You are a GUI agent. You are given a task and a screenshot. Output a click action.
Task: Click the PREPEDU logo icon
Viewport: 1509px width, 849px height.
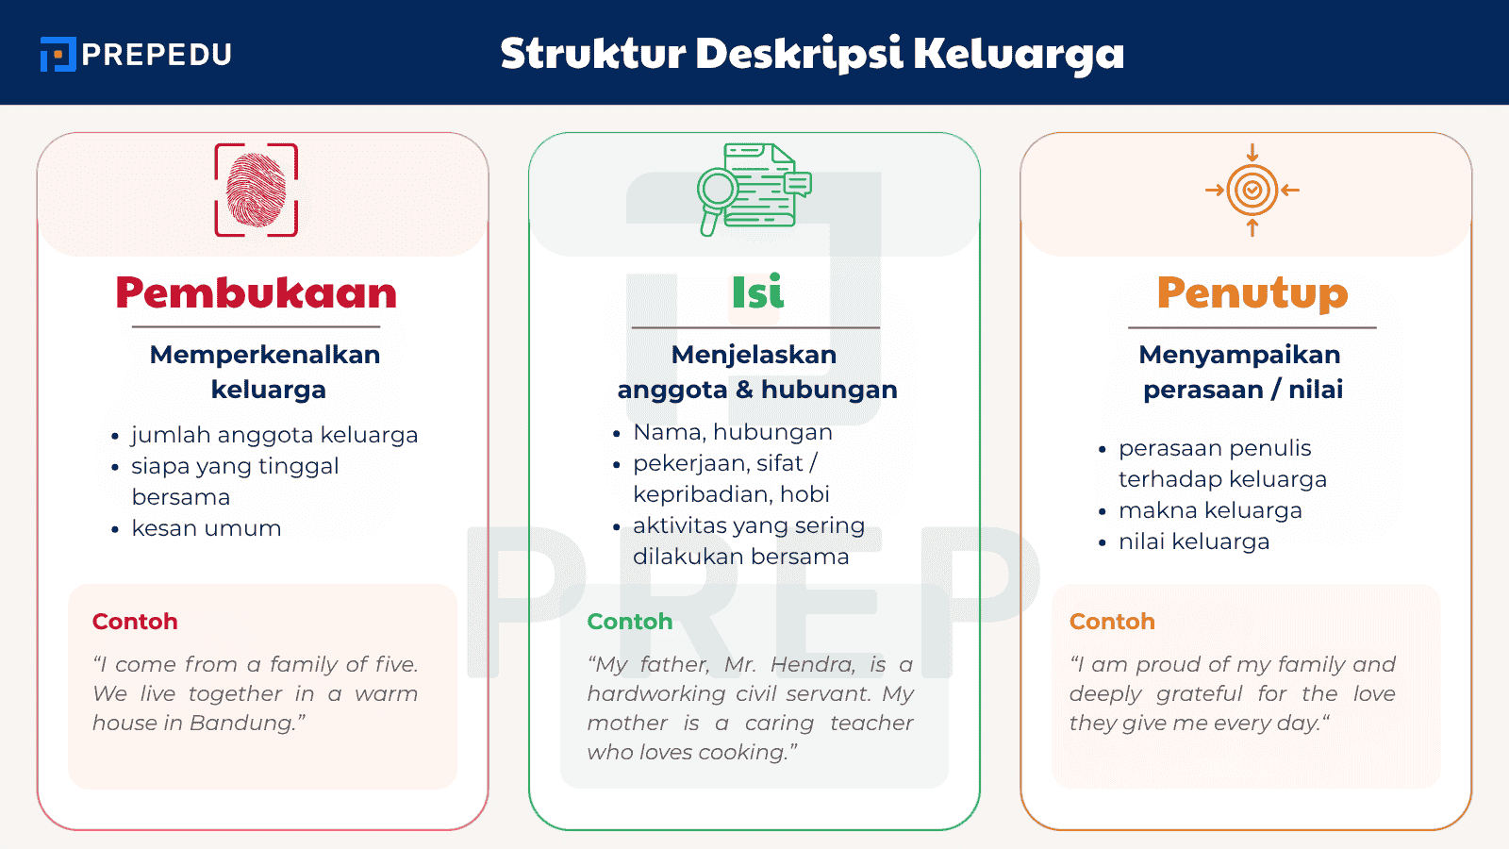pyautogui.click(x=58, y=54)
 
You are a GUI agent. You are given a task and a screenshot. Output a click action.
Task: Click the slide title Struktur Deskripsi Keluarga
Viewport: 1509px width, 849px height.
pyautogui.click(x=812, y=53)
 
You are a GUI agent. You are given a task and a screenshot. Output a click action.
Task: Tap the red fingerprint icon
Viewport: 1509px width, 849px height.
pyautogui.click(x=257, y=190)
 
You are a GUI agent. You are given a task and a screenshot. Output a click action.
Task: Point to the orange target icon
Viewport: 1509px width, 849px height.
pyautogui.click(x=1252, y=190)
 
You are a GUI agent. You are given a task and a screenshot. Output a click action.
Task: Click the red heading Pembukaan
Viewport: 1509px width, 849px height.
pyautogui.click(x=256, y=292)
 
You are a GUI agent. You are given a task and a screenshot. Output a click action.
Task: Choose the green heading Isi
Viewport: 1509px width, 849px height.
pyautogui.click(x=757, y=292)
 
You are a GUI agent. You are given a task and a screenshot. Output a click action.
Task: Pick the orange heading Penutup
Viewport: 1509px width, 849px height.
pyautogui.click(x=1252, y=292)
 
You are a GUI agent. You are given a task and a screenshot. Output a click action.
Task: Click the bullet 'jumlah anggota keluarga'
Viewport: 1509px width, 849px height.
pyautogui.click(x=274, y=435)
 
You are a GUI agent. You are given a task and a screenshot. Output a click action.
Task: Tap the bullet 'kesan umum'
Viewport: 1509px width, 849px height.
pyautogui.click(x=206, y=528)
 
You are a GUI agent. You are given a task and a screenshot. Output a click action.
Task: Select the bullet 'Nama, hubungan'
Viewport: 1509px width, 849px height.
pyautogui.click(x=733, y=432)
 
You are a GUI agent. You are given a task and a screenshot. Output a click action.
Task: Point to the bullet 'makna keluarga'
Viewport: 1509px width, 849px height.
pyautogui.click(x=1210, y=510)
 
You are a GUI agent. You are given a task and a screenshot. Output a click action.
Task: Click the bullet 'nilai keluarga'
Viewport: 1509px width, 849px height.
pyautogui.click(x=1194, y=541)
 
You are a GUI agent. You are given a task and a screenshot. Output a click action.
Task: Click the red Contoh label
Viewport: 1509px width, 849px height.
pyautogui.click(x=135, y=622)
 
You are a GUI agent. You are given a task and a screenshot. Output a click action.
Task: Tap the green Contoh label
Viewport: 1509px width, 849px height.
pyautogui.click(x=630, y=622)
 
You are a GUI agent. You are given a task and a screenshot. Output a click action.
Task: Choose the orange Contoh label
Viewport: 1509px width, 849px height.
pyautogui.click(x=1112, y=622)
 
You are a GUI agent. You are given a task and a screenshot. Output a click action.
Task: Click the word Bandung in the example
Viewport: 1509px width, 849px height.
pyautogui.click(x=243, y=724)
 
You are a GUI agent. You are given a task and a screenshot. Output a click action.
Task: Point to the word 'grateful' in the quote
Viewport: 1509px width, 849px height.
pyautogui.click(x=1200, y=694)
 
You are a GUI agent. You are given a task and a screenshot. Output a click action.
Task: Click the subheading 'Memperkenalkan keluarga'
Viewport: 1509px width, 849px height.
pyautogui.click(x=265, y=372)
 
